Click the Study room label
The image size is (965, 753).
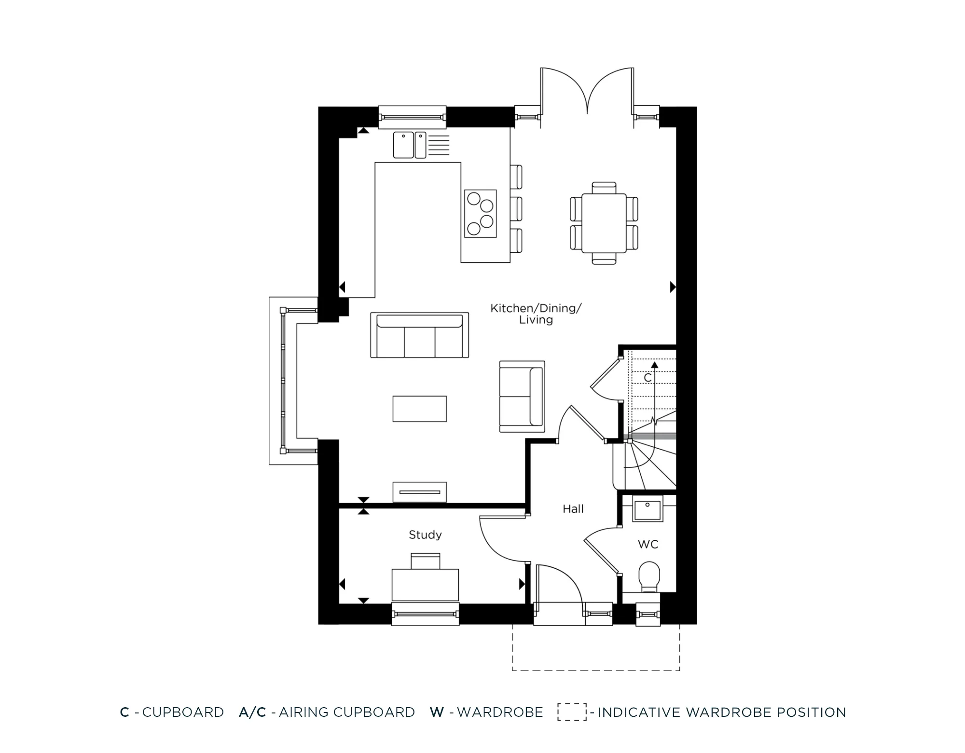425,534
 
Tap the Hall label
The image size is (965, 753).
573,508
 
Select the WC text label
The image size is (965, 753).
648,544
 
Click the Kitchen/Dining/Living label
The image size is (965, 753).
536,314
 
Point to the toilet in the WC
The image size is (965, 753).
649,576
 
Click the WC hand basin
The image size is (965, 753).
647,511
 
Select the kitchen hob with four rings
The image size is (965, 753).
480,213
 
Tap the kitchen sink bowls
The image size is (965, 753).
409,145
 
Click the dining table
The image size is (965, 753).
604,223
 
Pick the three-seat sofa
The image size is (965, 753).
419,336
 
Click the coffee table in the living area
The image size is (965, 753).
419,409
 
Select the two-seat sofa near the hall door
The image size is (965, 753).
522,397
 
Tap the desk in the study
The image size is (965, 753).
425,585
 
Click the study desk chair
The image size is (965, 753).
425,561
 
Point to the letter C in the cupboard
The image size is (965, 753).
648,378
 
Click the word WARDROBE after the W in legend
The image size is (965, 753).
500,712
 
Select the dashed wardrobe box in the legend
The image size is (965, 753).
572,712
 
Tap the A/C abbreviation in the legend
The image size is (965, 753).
252,712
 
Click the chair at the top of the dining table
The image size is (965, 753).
604,187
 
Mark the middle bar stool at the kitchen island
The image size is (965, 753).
516,209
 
